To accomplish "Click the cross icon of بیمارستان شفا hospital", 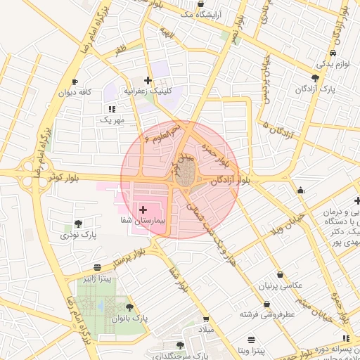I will pos(143,210).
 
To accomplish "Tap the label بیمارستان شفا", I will pos(143,221).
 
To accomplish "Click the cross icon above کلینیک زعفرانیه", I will pos(148,80).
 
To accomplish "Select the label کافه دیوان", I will pos(76,92).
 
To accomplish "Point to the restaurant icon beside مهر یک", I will pos(111,109).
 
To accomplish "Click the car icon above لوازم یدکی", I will pos(331,53).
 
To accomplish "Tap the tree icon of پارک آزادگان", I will pos(314,78).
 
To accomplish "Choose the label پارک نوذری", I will pos(78,233).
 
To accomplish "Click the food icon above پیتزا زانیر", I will pos(96,267).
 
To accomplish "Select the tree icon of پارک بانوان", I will pos(129,307).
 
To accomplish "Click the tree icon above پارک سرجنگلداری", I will pos(180,345).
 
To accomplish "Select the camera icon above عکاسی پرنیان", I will pos(280,275).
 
